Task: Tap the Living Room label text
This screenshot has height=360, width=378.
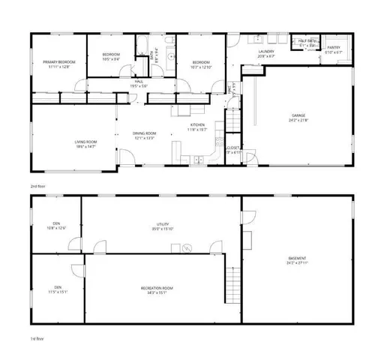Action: click(x=85, y=143)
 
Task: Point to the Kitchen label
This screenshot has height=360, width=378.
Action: click(x=198, y=126)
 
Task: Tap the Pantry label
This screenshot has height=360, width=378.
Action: click(x=334, y=50)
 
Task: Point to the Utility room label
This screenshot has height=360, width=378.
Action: click(x=161, y=225)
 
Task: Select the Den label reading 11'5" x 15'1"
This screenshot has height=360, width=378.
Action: click(x=58, y=289)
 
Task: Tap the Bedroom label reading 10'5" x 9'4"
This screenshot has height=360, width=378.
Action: click(x=111, y=55)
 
